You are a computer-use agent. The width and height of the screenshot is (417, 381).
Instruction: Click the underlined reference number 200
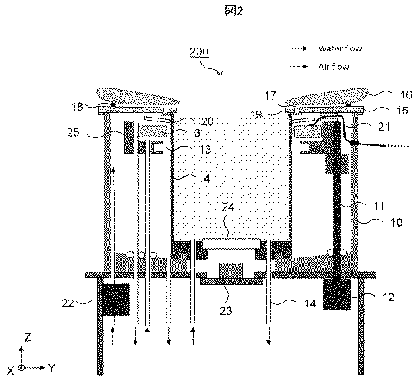199,51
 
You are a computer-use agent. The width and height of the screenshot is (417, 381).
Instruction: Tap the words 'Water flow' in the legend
340,48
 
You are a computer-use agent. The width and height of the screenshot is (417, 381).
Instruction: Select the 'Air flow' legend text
333,67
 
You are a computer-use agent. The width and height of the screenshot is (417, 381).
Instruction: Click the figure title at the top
234,11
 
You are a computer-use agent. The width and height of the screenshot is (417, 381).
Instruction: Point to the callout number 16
405,94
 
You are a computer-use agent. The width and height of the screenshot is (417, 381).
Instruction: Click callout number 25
73,132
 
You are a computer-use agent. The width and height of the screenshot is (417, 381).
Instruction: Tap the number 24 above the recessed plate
228,207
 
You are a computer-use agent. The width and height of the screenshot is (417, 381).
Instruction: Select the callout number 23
227,310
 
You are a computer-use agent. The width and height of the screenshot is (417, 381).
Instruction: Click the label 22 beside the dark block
68,303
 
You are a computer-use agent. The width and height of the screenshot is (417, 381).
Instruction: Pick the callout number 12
388,297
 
